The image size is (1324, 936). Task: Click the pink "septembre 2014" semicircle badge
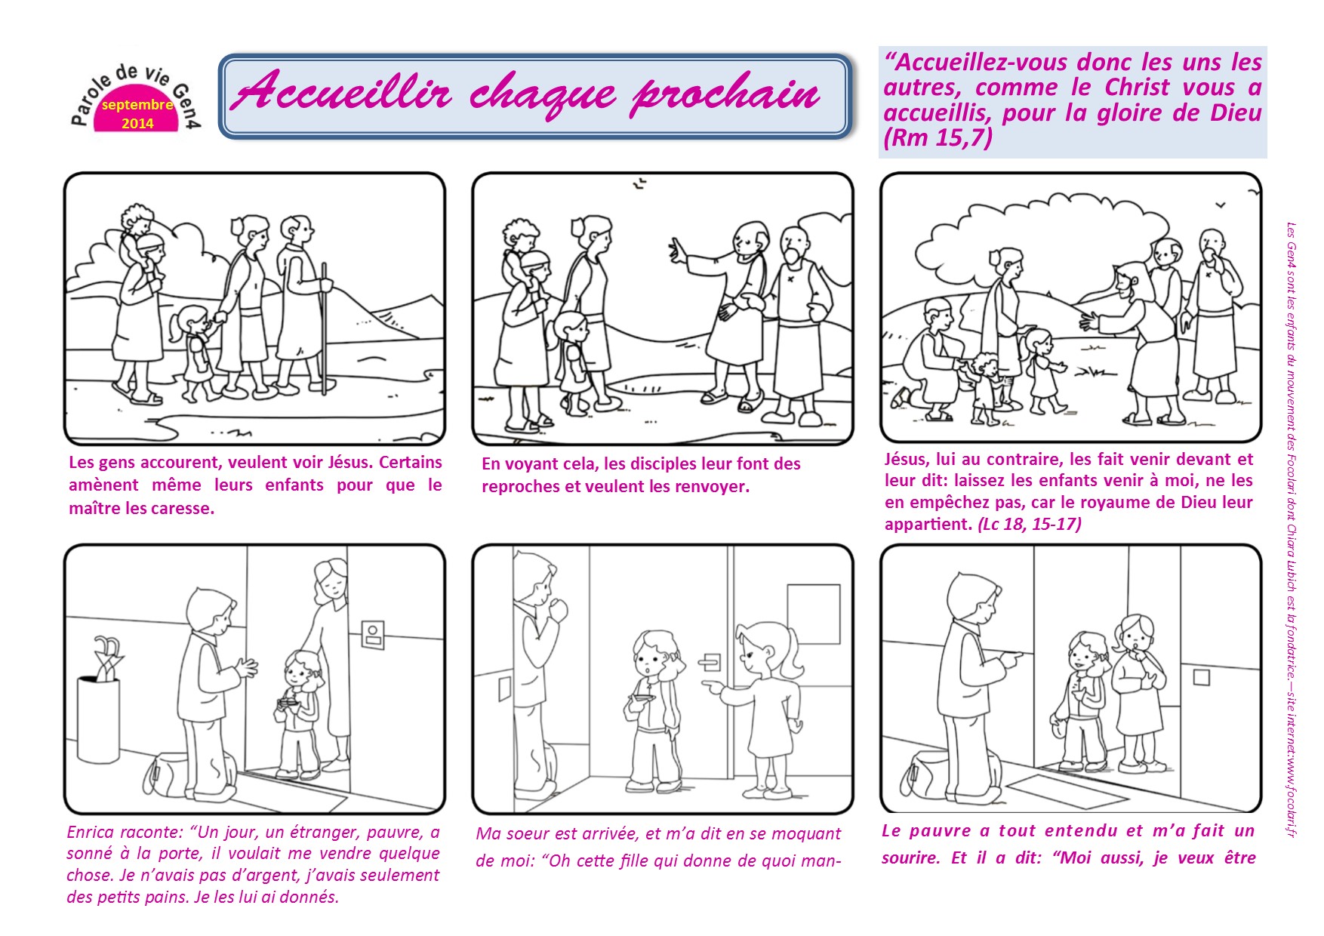pyautogui.click(x=137, y=113)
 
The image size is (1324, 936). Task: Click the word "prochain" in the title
pyautogui.click(x=725, y=94)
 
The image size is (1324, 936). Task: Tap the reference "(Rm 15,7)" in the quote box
pyautogui.click(x=938, y=138)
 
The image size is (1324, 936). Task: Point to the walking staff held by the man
pyautogui.click(x=324, y=328)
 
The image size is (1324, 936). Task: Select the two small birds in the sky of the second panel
pyautogui.click(x=639, y=183)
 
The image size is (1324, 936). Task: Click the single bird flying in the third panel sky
pyautogui.click(x=1221, y=205)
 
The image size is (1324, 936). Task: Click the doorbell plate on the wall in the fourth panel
pyautogui.click(x=373, y=634)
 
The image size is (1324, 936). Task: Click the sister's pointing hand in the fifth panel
pyautogui.click(x=712, y=686)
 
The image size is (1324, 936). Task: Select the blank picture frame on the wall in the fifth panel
pyautogui.click(x=814, y=614)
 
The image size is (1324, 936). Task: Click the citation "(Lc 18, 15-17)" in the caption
pyautogui.click(x=1030, y=524)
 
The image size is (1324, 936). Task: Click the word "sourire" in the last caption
pyautogui.click(x=912, y=858)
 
